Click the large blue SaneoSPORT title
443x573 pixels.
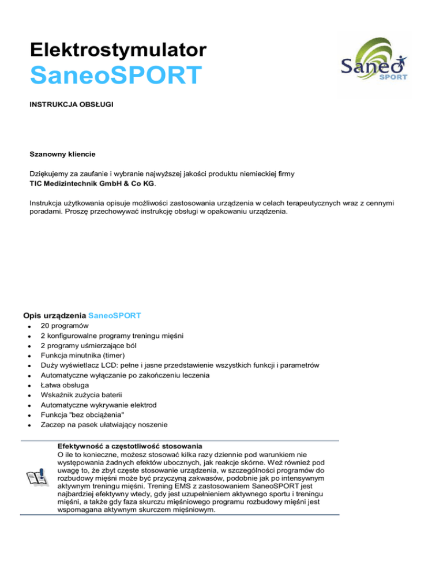tap(116, 76)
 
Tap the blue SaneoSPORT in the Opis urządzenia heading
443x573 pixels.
tap(115, 316)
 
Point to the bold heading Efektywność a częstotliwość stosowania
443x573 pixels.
tap(129, 446)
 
